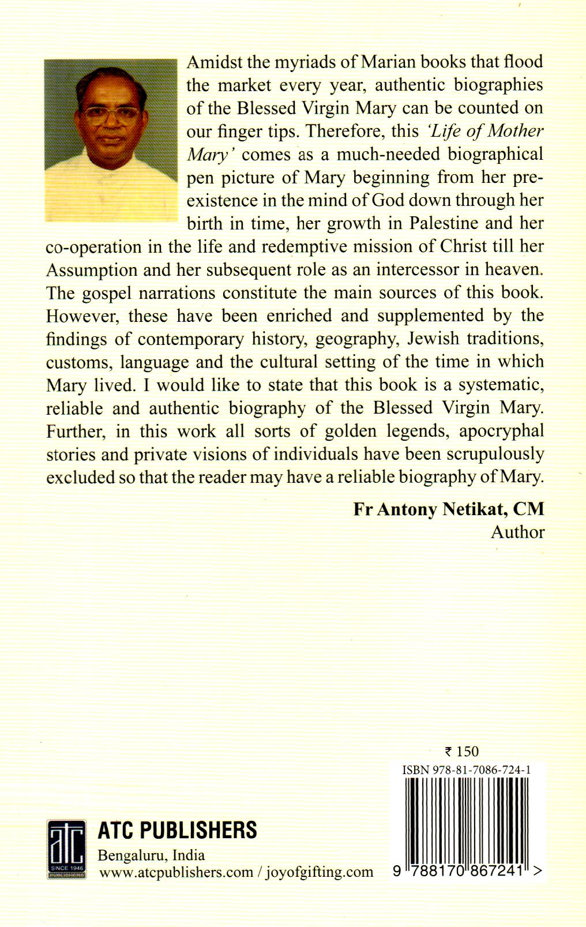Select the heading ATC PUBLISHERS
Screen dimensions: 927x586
(178, 830)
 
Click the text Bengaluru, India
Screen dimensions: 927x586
(152, 855)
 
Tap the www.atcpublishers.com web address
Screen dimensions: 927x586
(176, 872)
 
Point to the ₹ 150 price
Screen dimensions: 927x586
(462, 751)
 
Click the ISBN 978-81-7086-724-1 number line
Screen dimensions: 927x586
(467, 770)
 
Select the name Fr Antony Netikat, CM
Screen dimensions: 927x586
(449, 509)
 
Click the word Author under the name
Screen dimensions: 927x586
(517, 532)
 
